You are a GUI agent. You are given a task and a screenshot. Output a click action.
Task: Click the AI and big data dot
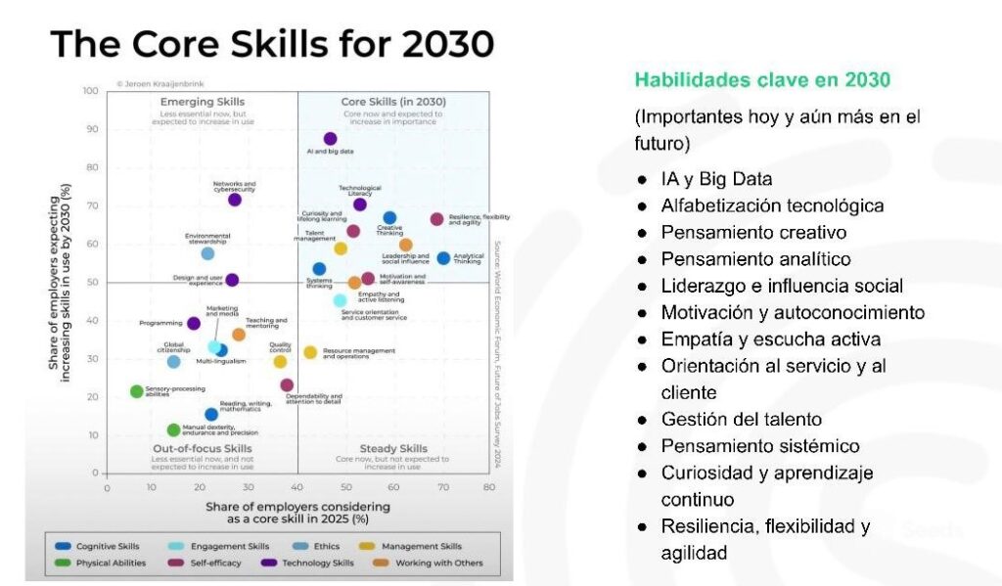click(x=330, y=139)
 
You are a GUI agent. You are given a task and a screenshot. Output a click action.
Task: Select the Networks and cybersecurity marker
click(x=235, y=200)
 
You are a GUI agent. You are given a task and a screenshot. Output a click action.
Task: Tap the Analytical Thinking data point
click(x=443, y=258)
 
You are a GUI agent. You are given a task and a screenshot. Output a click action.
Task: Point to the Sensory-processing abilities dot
click(x=137, y=391)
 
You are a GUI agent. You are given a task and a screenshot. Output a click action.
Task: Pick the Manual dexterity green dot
click(x=174, y=429)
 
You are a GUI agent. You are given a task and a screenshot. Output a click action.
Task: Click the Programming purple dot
click(x=194, y=323)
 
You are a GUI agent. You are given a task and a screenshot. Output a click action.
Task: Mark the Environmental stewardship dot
click(x=207, y=253)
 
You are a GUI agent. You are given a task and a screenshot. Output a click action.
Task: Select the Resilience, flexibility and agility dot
click(x=436, y=219)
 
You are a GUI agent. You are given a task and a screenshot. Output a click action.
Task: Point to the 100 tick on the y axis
click(x=90, y=91)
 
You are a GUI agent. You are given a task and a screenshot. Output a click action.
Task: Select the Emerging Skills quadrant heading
click(x=202, y=102)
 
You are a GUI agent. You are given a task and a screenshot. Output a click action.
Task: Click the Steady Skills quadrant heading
click(x=393, y=448)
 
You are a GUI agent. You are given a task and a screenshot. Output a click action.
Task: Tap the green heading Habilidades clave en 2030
click(x=763, y=79)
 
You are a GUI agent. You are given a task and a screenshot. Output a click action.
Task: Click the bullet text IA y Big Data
click(x=716, y=179)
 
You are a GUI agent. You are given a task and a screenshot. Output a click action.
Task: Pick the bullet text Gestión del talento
click(x=741, y=419)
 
